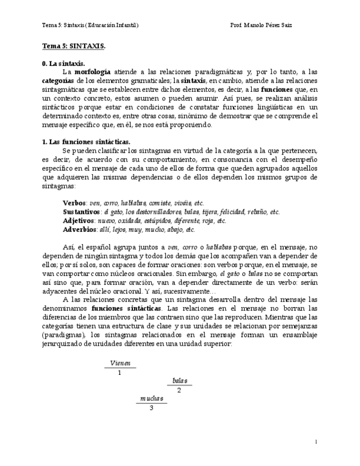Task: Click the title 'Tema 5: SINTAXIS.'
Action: pos(74,47)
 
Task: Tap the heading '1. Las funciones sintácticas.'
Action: pos(86,141)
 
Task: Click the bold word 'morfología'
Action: pos(92,72)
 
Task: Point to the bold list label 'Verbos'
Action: pos(75,203)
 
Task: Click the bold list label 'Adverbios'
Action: pos(79,229)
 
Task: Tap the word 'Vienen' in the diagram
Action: pos(120,363)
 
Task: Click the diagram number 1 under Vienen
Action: pos(120,373)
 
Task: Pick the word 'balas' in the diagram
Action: pos(179,380)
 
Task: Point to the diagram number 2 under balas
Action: pos(179,391)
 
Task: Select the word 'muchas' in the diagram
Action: pos(151,398)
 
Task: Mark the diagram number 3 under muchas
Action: pos(151,408)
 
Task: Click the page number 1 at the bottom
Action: pos(317,441)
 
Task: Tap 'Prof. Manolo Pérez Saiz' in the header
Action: pos(261,25)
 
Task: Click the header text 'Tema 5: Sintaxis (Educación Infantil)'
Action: pos(90,25)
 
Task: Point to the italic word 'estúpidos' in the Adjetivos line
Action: pos(148,220)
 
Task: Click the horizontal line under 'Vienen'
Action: pos(120,368)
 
